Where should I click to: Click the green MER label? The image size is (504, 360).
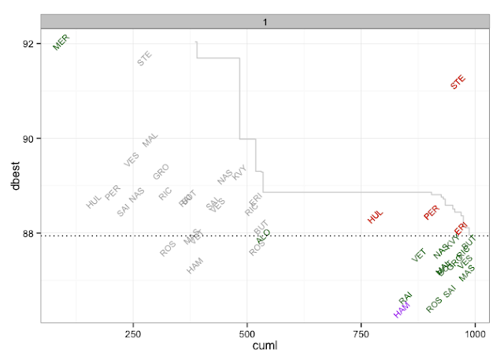(x=61, y=42)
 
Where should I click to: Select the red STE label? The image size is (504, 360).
(x=458, y=81)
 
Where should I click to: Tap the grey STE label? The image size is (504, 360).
(x=146, y=58)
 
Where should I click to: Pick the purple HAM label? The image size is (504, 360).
(x=402, y=310)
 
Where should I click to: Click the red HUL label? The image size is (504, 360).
(x=376, y=215)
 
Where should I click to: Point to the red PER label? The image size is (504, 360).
(x=431, y=213)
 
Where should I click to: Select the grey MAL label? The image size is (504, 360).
(x=150, y=140)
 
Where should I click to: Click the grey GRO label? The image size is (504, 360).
(x=161, y=171)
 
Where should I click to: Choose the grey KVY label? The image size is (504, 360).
(x=240, y=172)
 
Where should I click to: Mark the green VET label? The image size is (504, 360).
(x=418, y=254)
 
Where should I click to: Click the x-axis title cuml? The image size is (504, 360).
(x=263, y=347)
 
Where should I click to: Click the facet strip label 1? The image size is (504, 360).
(x=266, y=21)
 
